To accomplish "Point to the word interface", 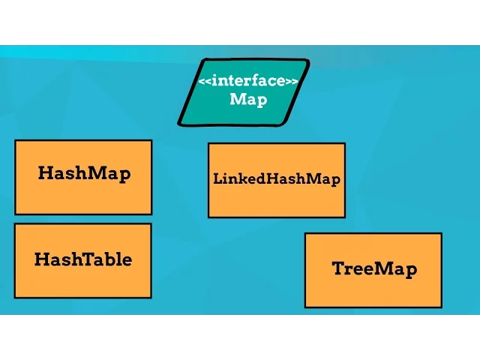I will [247, 81].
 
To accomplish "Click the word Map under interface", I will [247, 99].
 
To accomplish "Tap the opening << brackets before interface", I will [204, 81].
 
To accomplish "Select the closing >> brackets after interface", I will [292, 81].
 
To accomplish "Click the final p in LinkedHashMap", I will [335, 181].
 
